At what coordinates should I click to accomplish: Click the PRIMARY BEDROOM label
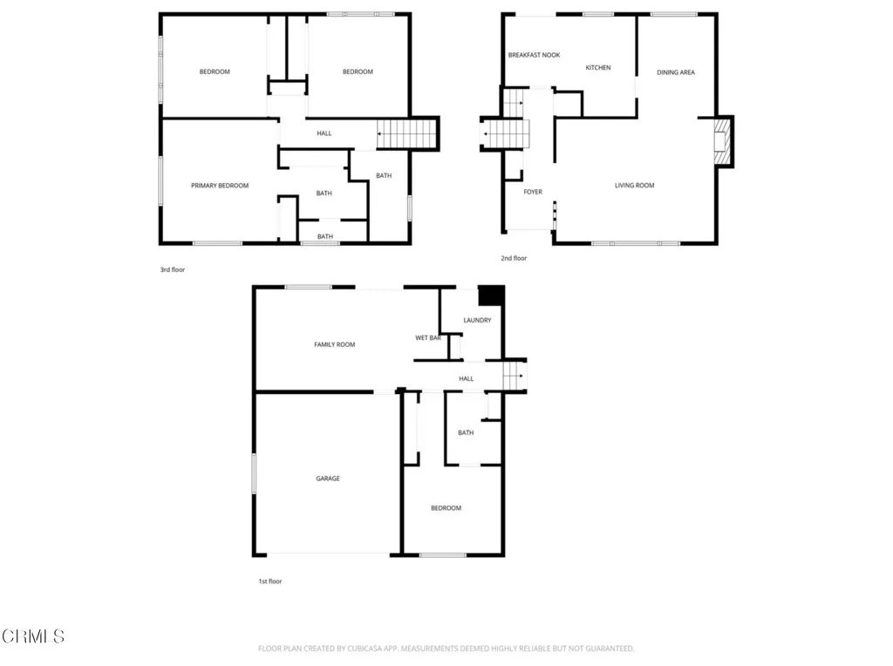pos(220,186)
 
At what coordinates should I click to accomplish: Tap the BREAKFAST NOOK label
pos(534,55)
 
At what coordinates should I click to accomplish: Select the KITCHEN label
pos(598,68)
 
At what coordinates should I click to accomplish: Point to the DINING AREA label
pos(676,72)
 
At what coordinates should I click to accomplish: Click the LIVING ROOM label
pos(634,185)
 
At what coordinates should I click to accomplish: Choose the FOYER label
pos(533,192)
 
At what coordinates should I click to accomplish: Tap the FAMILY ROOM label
pos(335,345)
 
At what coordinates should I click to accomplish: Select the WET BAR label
pos(427,337)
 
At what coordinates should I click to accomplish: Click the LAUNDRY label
pos(477,320)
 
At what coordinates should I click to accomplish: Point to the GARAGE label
pos(328,479)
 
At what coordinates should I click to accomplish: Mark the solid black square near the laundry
pos(493,296)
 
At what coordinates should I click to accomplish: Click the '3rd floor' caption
pos(173,270)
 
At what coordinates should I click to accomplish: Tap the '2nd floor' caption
pos(514,258)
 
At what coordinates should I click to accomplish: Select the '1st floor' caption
pos(269,581)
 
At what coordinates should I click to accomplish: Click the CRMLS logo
pos(33,636)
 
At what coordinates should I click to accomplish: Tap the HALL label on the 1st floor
pos(467,378)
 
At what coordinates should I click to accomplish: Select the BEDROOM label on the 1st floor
pos(446,508)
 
